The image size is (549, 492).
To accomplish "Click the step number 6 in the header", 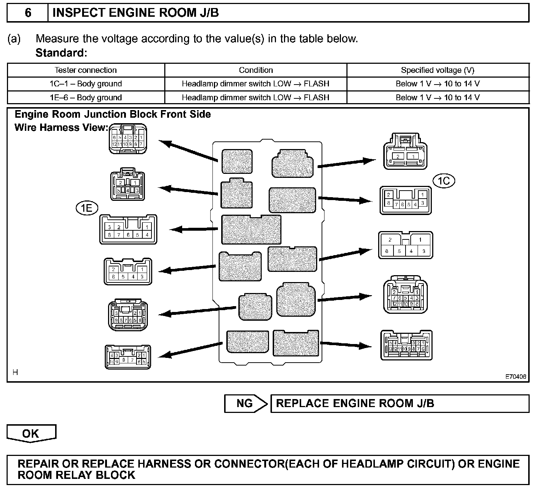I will [28, 13].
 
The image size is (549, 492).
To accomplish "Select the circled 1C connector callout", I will [444, 181].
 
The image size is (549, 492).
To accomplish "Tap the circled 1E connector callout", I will [87, 208].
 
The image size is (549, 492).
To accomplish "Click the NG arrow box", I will [246, 403].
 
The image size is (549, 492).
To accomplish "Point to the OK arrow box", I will [31, 433].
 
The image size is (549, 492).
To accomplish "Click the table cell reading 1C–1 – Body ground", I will [86, 84].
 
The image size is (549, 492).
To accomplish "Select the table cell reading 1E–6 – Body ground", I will [86, 98].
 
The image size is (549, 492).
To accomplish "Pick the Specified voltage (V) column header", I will [437, 70].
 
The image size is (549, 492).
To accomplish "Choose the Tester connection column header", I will [86, 70].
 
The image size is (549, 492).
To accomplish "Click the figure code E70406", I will [515, 377].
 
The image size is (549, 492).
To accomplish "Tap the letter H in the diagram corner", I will [15, 372].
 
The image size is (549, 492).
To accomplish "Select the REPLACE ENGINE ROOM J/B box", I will [399, 403].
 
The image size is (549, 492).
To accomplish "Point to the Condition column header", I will [256, 70].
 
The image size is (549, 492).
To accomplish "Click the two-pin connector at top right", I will [405, 152].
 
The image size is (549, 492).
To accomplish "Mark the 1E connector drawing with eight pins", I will [128, 230].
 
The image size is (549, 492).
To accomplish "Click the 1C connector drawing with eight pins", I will [405, 200].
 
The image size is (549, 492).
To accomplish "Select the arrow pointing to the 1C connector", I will [345, 199].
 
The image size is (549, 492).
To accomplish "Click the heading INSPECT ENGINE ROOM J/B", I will [136, 13].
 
